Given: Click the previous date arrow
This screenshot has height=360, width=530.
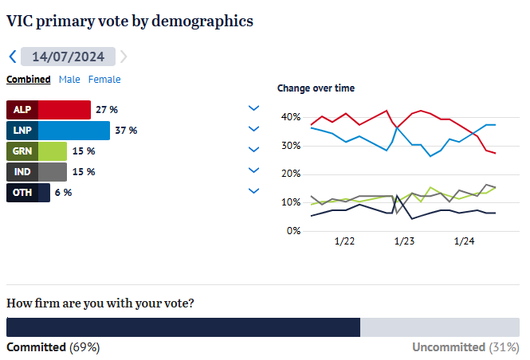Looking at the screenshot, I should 12,57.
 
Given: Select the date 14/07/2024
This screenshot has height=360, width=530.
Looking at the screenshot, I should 68,57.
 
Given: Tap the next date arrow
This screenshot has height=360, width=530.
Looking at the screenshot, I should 124,57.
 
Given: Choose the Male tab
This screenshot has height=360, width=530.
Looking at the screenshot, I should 69,79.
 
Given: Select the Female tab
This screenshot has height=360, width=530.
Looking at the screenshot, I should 104,79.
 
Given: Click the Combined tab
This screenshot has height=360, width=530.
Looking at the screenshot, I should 28,79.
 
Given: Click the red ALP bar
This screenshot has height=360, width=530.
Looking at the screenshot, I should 64,109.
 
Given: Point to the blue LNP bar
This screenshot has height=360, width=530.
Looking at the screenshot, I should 73,130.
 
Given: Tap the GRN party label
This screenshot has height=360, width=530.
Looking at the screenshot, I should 22,151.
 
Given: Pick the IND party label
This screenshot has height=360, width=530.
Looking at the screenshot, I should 22,171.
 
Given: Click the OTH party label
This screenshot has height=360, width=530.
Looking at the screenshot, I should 22,192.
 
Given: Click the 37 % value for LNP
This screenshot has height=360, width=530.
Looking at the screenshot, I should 127,130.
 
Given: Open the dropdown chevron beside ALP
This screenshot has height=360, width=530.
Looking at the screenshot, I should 254,108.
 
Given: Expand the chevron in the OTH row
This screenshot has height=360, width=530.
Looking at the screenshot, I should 254,190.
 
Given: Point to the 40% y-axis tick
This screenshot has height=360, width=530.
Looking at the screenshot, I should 290,117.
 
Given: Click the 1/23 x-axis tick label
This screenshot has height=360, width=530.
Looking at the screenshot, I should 403,241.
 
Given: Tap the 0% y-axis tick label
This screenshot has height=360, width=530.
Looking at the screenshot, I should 292,231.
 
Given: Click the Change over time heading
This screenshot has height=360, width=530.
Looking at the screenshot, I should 316,88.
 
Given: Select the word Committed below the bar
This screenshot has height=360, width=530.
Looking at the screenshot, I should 37,347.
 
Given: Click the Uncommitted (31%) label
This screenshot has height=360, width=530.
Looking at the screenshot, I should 465,347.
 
